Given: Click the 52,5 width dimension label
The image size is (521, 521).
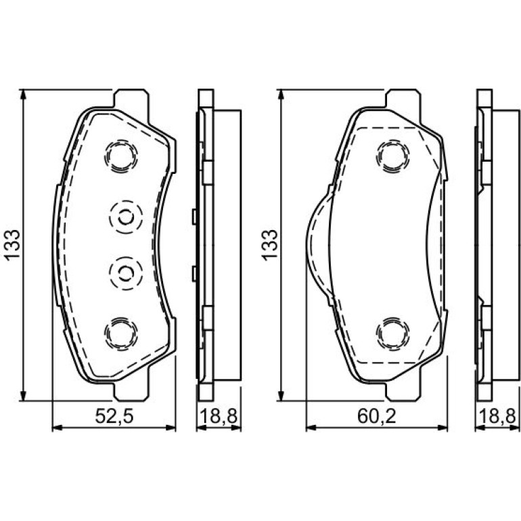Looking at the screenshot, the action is click(x=114, y=416).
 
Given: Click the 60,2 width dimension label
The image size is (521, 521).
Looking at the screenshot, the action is click(x=377, y=416).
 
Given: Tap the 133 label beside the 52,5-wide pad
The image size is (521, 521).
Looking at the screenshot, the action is click(x=12, y=245).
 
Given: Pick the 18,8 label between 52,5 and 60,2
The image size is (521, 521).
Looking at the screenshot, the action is click(x=219, y=416).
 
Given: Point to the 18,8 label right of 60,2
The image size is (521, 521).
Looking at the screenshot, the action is click(x=497, y=416).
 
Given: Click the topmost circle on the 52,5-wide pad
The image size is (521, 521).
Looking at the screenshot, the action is click(x=121, y=156).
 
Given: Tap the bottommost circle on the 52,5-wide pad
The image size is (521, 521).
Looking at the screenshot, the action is click(x=121, y=334).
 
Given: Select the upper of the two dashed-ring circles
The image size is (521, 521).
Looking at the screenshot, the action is click(x=126, y=218).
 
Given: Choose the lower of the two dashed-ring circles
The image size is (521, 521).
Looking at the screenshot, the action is click(x=126, y=273).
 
